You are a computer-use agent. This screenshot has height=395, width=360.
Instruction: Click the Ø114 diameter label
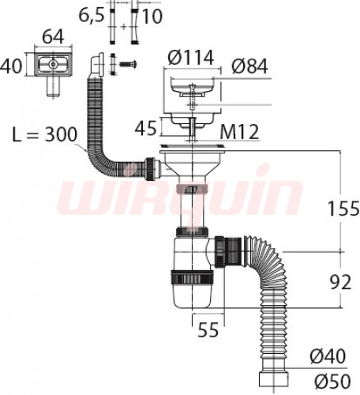click(x=191, y=58)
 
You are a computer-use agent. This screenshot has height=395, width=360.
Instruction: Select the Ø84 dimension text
click(x=249, y=66)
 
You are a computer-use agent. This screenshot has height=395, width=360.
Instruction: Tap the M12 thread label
click(x=239, y=132)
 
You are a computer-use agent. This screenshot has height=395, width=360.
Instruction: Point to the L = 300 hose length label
click(x=45, y=134)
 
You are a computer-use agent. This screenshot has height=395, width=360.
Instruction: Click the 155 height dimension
click(x=343, y=208)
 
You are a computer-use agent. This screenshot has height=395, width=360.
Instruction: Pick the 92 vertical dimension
click(x=340, y=282)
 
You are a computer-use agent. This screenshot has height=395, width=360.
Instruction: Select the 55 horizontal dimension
click(x=208, y=329)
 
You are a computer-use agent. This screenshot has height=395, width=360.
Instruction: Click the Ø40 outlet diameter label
click(x=328, y=356)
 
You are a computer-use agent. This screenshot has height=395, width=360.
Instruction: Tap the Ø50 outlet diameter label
click(x=332, y=381)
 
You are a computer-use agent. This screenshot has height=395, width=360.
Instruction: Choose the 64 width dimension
click(x=53, y=36)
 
